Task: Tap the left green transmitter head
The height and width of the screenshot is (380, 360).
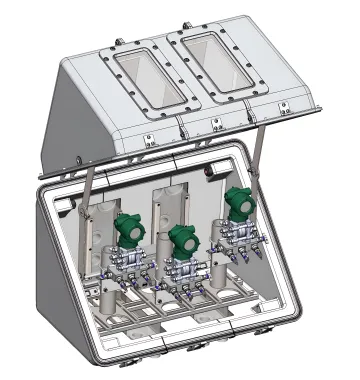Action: point(130,229)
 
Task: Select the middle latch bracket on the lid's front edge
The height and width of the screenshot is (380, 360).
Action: point(214,125)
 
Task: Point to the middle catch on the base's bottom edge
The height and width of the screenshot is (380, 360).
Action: point(196,346)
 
